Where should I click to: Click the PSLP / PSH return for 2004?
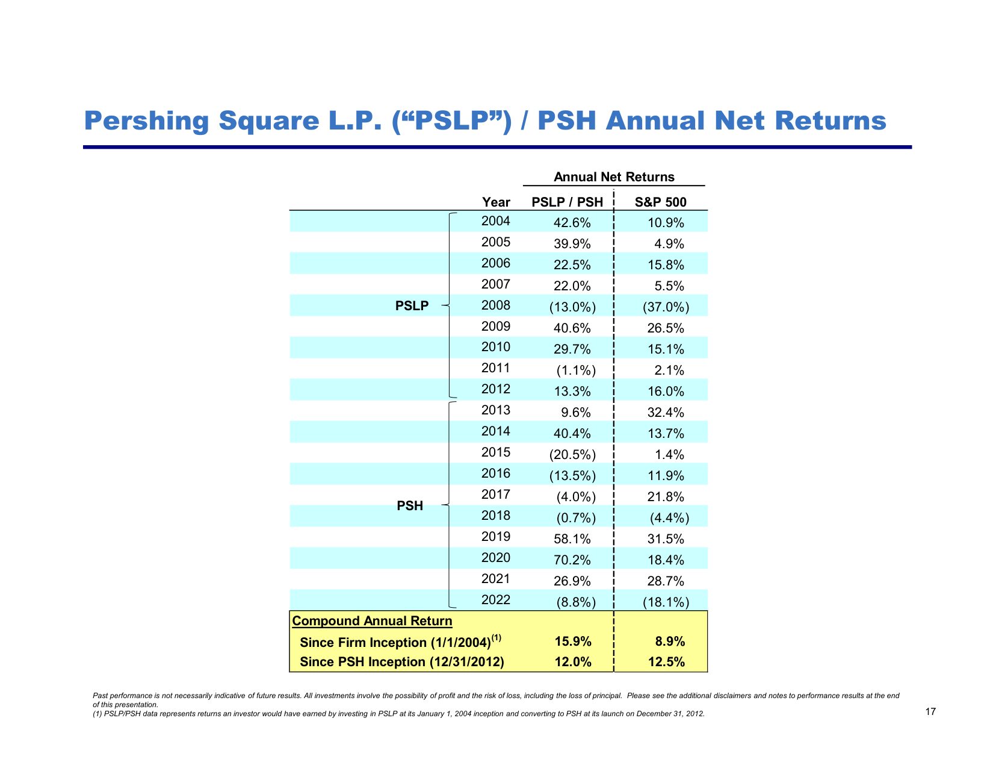pos(572,223)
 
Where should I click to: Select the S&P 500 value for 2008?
pos(666,307)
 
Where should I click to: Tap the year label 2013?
pos(495,410)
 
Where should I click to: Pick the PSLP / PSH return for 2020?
pos(572,560)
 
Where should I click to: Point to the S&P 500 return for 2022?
pos(666,602)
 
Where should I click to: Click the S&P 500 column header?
pos(660,202)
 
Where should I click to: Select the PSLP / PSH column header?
pos(567,202)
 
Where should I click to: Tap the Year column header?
pos(496,202)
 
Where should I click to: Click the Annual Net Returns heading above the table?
pos(614,177)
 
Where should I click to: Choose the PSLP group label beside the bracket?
pos(412,306)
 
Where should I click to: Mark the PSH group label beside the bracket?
pos(410,506)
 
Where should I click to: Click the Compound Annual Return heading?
pos(372,621)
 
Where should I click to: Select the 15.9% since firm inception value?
pos(573,642)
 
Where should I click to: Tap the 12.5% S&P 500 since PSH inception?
pos(666,662)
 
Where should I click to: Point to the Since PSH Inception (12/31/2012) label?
pos(401,662)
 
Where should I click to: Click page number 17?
pos(930,712)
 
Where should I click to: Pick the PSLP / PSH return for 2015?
pos(572,455)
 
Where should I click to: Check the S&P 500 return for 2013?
pos(666,413)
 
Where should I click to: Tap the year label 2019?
pos(495,537)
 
